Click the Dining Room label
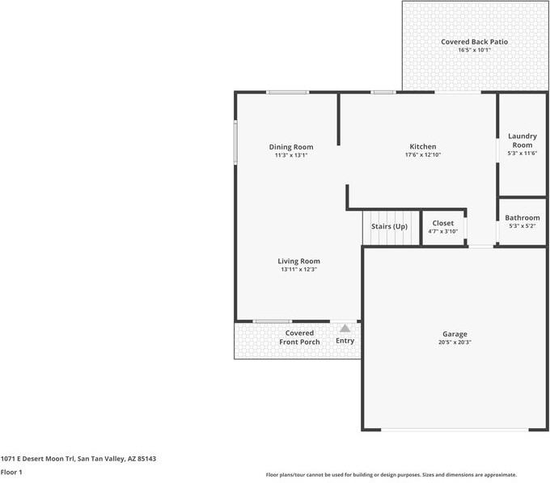pos(291,147)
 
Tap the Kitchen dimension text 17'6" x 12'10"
pos(423,155)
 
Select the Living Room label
pos(298,261)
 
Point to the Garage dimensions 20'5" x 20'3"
pos(455,342)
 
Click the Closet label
pos(443,223)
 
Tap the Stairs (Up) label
pos(389,226)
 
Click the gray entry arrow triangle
pos(345,328)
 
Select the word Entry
pos(345,341)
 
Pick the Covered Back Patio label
pos(474,42)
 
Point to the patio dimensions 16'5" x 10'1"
pos(474,50)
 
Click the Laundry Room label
pos(522,141)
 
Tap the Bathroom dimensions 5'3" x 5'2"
pos(522,226)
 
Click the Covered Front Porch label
pos(299,338)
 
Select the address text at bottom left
pos(78,459)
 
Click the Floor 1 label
pos(11,472)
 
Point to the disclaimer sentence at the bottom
pos(391,475)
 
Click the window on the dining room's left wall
pos(235,141)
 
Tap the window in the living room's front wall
pos(273,321)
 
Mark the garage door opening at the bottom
pos(455,430)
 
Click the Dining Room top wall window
pos(288,92)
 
